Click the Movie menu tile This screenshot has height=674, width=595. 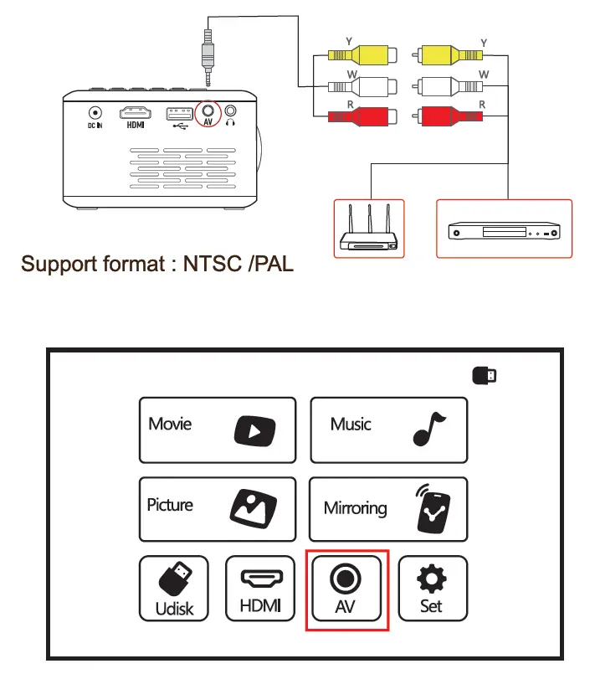click(217, 430)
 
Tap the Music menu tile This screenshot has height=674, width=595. click(389, 430)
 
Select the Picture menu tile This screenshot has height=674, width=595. click(217, 509)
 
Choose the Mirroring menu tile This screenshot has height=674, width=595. click(389, 509)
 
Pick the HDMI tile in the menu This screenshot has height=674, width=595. click(260, 589)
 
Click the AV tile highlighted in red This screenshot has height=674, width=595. click(346, 589)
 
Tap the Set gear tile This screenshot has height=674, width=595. click(432, 589)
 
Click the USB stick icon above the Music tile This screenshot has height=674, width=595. click(483, 376)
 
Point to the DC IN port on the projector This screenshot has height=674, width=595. click(95, 112)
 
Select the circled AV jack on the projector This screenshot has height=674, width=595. click(208, 111)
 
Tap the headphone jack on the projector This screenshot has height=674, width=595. click(231, 111)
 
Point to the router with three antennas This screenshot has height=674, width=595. click(368, 230)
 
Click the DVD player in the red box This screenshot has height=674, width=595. click(504, 229)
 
